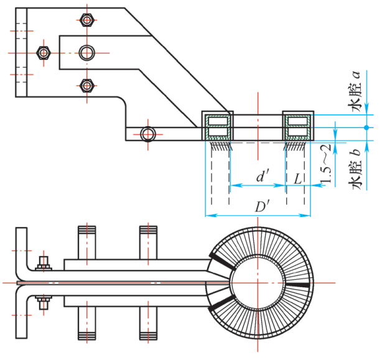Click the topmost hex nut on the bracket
[x=87, y=21]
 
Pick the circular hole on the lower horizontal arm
[x=147, y=134]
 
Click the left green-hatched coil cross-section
[x=218, y=126]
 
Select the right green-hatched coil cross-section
[x=297, y=126]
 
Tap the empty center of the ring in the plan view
[x=258, y=284]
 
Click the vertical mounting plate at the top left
[x=21, y=52]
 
